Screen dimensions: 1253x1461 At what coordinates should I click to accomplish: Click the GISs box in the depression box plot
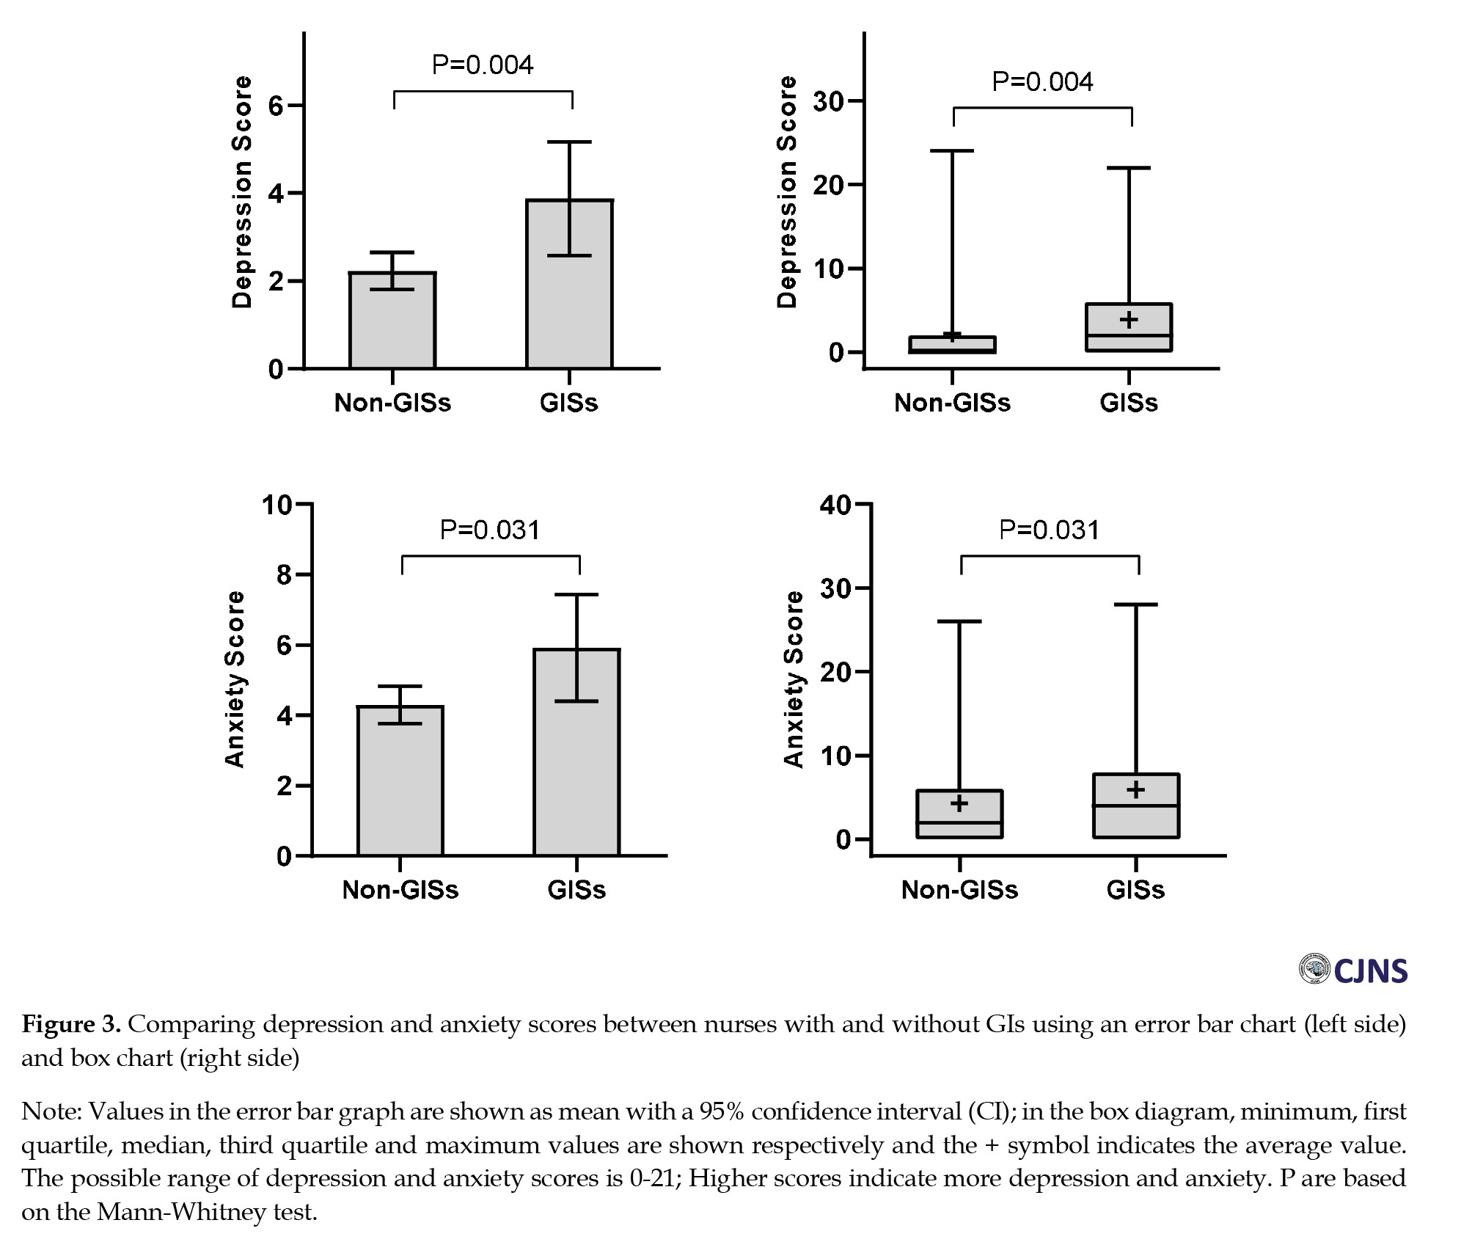coord(1129,327)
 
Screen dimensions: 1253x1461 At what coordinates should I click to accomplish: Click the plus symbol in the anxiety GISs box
coord(1136,790)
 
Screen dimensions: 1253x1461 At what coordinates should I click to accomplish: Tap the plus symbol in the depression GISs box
coord(1129,319)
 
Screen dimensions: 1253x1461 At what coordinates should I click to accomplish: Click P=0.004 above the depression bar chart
coord(483,65)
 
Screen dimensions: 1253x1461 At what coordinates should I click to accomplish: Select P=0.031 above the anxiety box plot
coord(1050,530)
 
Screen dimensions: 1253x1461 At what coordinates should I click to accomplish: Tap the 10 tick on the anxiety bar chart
coord(277,505)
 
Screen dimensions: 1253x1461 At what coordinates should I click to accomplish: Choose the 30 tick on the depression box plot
coord(828,101)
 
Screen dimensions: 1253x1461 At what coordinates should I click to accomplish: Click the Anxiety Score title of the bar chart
coord(234,679)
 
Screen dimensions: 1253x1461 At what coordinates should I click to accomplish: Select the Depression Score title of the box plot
coord(786,192)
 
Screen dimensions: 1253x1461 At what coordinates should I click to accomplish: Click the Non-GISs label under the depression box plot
coord(952,403)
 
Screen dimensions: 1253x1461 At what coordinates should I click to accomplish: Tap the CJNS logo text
coord(1370,971)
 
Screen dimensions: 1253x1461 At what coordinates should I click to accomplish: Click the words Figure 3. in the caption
coord(71,1024)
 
